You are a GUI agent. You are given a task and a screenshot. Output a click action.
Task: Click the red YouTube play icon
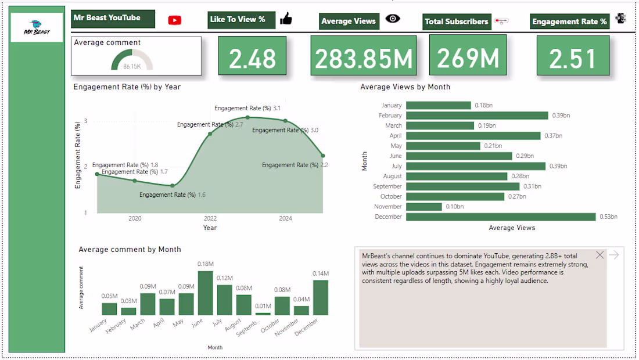pyautogui.click(x=174, y=20)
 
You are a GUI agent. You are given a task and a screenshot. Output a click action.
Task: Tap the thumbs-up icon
pyautogui.click(x=286, y=19)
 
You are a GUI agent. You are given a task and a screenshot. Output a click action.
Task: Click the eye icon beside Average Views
pyautogui.click(x=393, y=19)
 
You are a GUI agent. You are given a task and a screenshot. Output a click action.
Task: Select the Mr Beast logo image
pyautogui.click(x=37, y=27)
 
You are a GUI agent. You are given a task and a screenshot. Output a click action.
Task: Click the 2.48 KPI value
pyautogui.click(x=252, y=58)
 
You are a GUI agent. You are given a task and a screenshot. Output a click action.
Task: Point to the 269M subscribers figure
pyautogui.click(x=468, y=57)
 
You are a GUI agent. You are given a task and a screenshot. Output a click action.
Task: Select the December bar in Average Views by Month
pyautogui.click(x=501, y=217)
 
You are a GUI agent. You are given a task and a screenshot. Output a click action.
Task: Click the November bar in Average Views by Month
pyautogui.click(x=424, y=207)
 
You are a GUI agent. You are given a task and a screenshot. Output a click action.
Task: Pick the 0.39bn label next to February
pyautogui.click(x=561, y=115)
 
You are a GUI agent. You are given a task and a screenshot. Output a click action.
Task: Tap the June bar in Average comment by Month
pyautogui.click(x=206, y=293)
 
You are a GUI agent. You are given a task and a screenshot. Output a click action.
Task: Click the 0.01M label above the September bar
pyautogui.click(x=263, y=306)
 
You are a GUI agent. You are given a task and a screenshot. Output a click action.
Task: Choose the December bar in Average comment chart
pyautogui.click(x=321, y=298)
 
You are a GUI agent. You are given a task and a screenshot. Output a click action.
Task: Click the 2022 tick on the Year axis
pyautogui.click(x=210, y=218)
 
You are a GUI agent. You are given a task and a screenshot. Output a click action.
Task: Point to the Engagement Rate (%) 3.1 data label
pyautogui.click(x=247, y=108)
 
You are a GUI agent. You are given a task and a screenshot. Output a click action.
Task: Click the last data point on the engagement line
pyautogui.click(x=323, y=156)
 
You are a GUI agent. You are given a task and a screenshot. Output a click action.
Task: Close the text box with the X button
pyautogui.click(x=599, y=255)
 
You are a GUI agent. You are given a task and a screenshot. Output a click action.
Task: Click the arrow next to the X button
pyautogui.click(x=614, y=255)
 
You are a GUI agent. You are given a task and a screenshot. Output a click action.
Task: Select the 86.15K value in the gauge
pyautogui.click(x=132, y=66)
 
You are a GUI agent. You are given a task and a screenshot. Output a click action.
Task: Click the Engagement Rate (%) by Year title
pyautogui.click(x=127, y=87)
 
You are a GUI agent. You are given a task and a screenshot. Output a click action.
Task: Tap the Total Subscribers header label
pyautogui.click(x=457, y=21)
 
